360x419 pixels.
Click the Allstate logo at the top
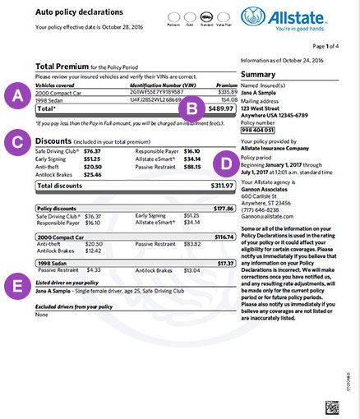[x=299, y=19]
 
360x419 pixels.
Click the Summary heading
[x=259, y=74]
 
